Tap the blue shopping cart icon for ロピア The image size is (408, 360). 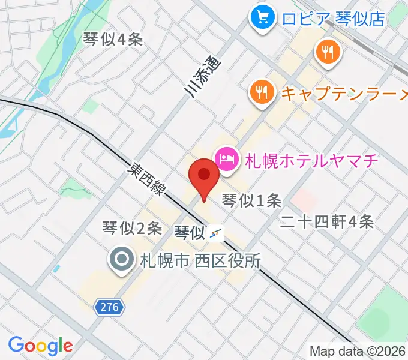(262, 18)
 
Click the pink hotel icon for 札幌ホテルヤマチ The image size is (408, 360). (226, 160)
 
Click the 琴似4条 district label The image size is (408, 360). (113, 40)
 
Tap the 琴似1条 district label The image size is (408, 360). (251, 200)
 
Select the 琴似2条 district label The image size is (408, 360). (132, 228)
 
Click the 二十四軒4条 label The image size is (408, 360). (328, 222)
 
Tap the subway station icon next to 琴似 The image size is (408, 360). (217, 233)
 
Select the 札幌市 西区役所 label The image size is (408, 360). (200, 261)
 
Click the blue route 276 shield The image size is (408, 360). (110, 308)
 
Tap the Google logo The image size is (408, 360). (40, 345)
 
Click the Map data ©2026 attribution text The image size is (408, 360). (358, 351)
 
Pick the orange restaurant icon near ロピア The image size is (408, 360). (328, 53)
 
